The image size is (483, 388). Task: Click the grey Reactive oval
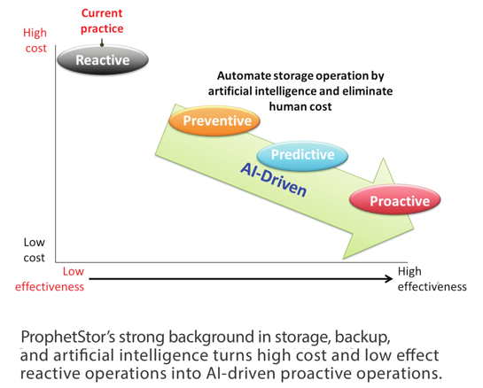pyautogui.click(x=103, y=59)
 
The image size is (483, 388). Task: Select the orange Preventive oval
pyautogui.click(x=214, y=120)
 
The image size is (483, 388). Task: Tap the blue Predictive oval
pyautogui.click(x=302, y=155)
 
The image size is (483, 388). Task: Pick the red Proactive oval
pyautogui.click(x=395, y=200)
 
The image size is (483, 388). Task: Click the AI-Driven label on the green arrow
pyautogui.click(x=274, y=180)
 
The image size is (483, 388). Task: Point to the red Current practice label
pyautogui.click(x=102, y=21)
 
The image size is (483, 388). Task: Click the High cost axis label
pyautogui.click(x=35, y=41)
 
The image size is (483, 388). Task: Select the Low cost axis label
pyautogui.click(x=35, y=250)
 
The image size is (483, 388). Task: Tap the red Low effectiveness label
pyautogui.click(x=50, y=279)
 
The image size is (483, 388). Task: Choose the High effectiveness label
pyautogui.click(x=432, y=279)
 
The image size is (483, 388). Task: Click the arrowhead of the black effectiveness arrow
pyautogui.click(x=390, y=279)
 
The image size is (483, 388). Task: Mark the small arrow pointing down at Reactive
pyautogui.click(x=102, y=43)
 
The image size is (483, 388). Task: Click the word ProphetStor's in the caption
pyautogui.click(x=67, y=337)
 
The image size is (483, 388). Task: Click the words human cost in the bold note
pyautogui.click(x=300, y=106)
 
